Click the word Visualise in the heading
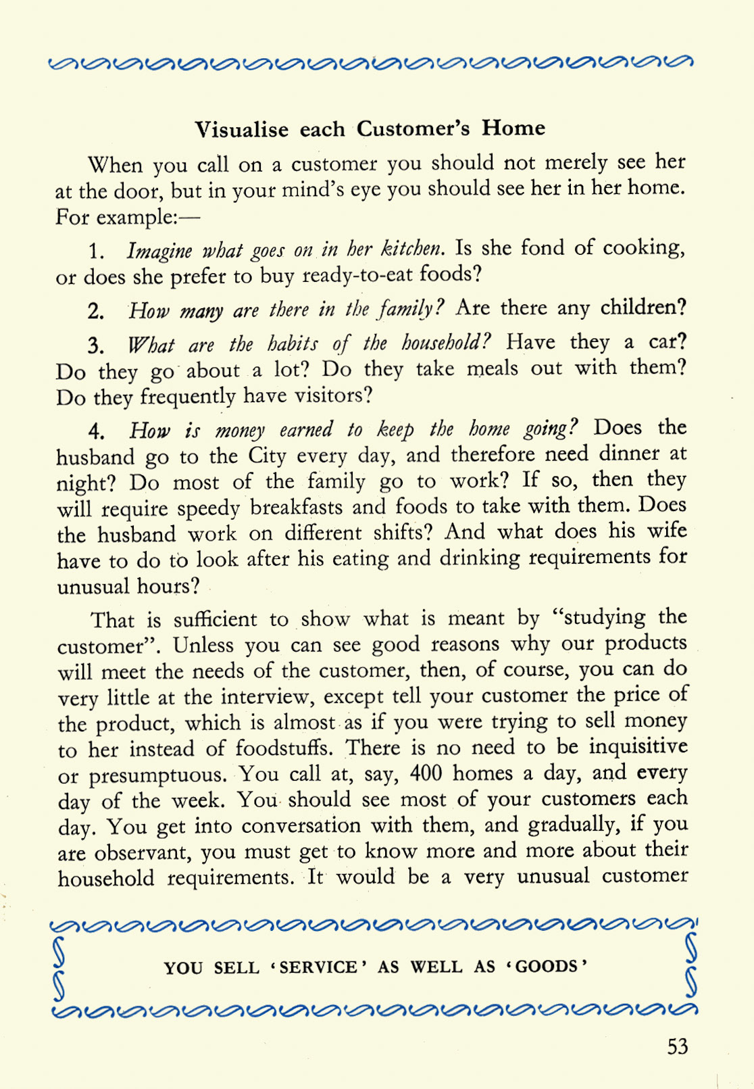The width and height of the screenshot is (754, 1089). pyautogui.click(x=242, y=129)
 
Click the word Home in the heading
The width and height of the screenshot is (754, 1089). pyautogui.click(x=513, y=128)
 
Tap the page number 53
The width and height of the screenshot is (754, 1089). pyautogui.click(x=677, y=1046)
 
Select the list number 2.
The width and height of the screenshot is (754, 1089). pyautogui.click(x=95, y=311)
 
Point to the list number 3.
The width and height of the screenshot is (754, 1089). pyautogui.click(x=95, y=346)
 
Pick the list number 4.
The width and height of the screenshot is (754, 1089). pyautogui.click(x=96, y=431)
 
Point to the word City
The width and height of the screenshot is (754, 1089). pyautogui.click(x=268, y=456)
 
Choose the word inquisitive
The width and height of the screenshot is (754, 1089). pyautogui.click(x=637, y=747)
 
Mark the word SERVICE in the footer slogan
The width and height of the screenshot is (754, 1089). pyautogui.click(x=318, y=967)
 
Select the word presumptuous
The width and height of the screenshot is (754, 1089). pyautogui.click(x=159, y=775)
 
